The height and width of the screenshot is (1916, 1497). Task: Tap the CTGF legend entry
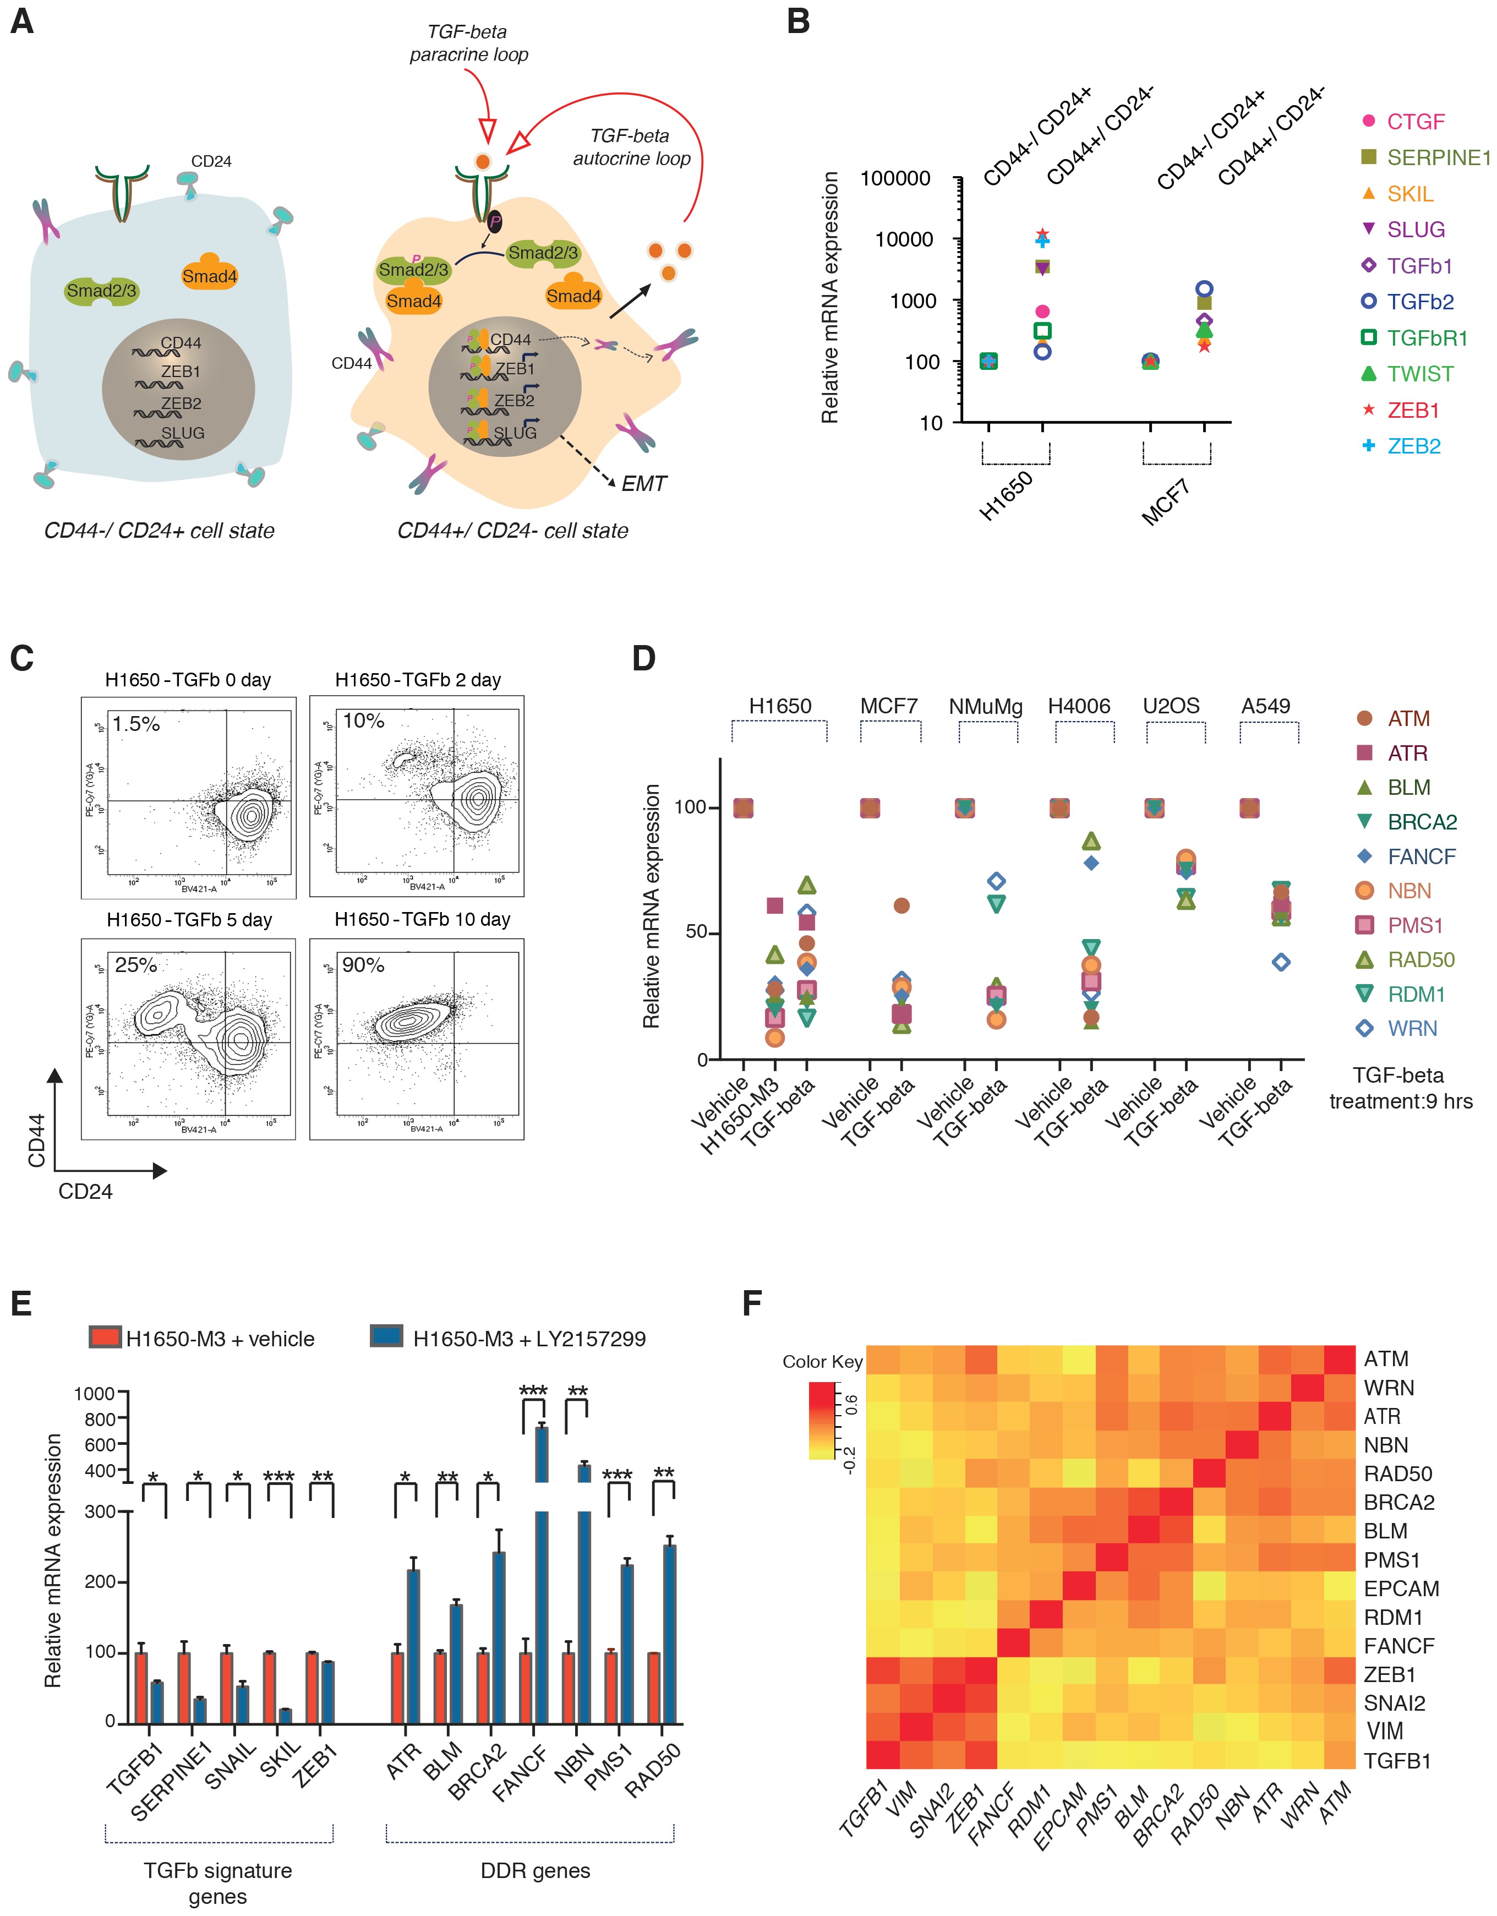point(1414,122)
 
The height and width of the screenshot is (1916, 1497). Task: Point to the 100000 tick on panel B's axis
point(895,179)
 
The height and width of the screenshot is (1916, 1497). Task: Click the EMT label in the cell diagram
point(644,484)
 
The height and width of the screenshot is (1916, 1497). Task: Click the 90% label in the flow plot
point(363,965)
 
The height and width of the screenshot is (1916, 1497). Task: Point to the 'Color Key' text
point(822,1362)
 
